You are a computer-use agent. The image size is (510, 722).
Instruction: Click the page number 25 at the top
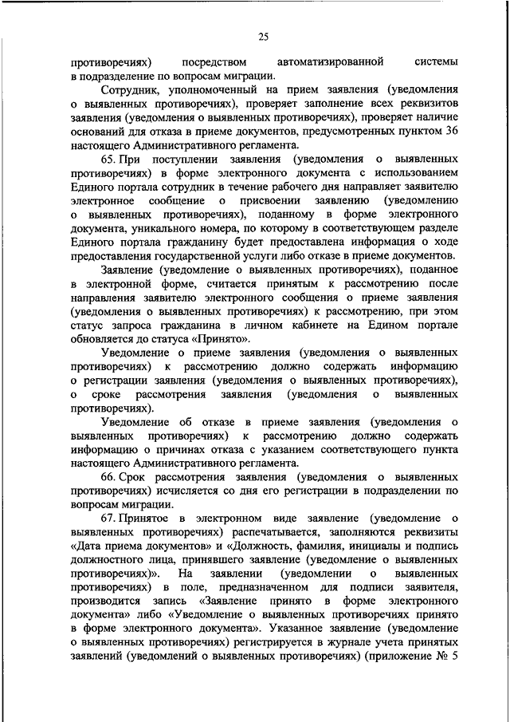(263, 35)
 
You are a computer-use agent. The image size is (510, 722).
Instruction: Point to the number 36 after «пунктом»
(450, 131)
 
